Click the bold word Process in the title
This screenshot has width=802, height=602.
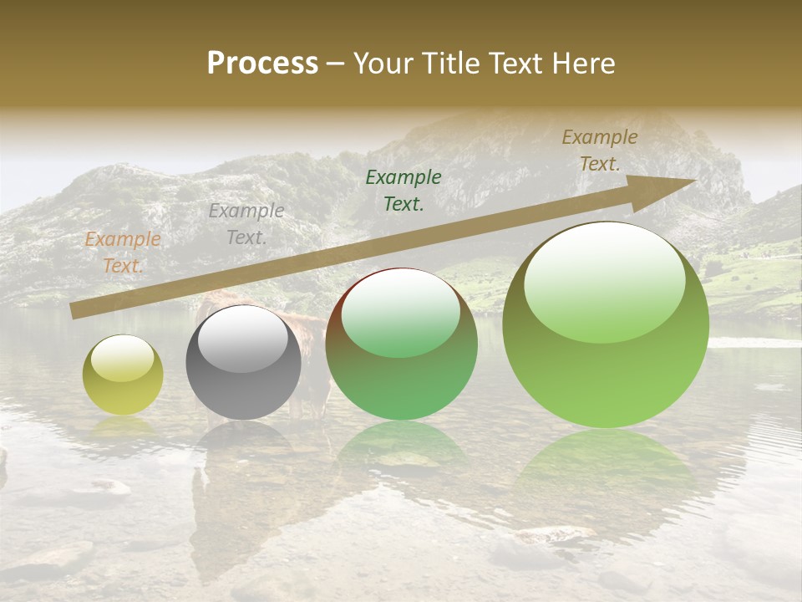tap(262, 64)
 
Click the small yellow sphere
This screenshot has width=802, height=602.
tap(123, 375)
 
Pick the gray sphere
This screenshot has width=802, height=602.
tap(243, 363)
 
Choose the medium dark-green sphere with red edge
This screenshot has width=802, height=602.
tap(401, 344)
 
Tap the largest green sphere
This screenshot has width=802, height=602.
tap(606, 325)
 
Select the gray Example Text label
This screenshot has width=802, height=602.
tap(246, 224)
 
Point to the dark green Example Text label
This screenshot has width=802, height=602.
tap(404, 190)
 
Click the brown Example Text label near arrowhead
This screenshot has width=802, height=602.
tap(600, 150)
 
